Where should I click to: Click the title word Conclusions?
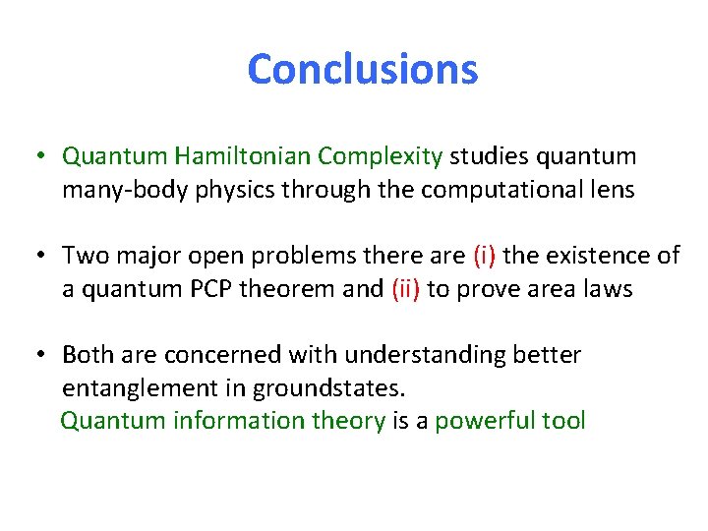click(362, 70)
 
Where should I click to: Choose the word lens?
click(612, 190)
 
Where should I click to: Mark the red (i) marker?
click(485, 256)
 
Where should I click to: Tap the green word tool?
click(561, 422)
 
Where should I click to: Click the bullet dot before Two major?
click(39, 257)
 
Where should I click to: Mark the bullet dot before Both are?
click(39, 355)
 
